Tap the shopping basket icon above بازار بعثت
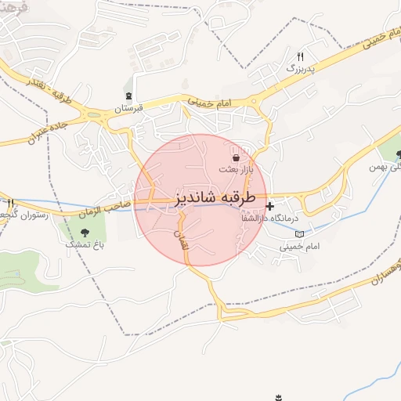click(236, 158)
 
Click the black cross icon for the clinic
click(270, 206)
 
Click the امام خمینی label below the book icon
click(298, 246)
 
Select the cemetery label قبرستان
click(128, 109)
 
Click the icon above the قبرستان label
click(129, 96)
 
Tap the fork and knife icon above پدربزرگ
click(300, 57)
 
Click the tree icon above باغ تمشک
click(85, 232)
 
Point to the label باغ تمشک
click(82, 244)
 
